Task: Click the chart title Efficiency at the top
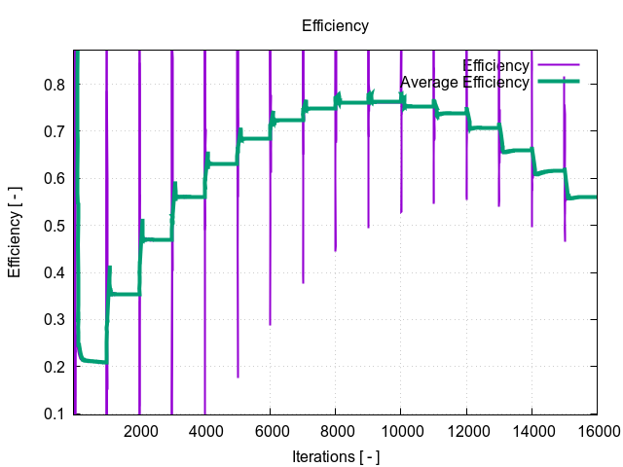335,26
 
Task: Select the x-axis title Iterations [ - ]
335,456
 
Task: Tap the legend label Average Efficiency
464,82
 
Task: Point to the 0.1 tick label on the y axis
55,414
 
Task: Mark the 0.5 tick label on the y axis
55,226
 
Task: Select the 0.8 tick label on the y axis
55,85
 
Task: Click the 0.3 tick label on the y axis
55,320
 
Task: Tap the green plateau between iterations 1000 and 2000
125,293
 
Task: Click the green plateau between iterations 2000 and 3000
158,239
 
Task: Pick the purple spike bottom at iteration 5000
238,377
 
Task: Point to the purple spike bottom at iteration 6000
271,324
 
